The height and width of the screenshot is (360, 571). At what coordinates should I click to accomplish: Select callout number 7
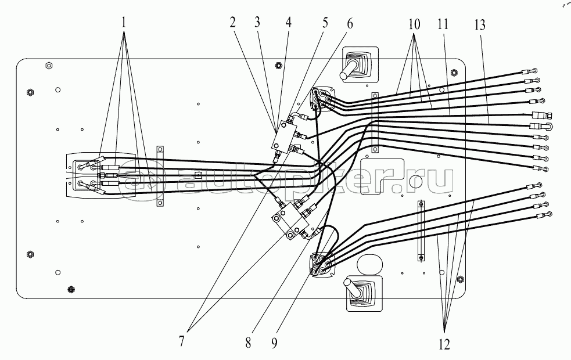coord(181,341)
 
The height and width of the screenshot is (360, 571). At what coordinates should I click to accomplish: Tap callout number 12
coord(444,344)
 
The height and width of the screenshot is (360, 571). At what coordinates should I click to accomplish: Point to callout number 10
coord(414,24)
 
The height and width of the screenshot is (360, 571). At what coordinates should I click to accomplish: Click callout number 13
coord(480,25)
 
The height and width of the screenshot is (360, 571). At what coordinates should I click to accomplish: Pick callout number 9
coord(274,343)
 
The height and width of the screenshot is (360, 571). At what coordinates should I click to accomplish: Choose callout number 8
coord(248,343)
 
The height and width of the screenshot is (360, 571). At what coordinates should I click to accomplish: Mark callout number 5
coord(325,23)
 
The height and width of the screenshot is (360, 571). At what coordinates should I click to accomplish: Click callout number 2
coord(232,23)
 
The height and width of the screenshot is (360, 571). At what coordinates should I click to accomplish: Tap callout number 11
coord(443,24)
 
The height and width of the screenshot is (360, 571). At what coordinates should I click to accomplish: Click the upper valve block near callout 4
coord(285,136)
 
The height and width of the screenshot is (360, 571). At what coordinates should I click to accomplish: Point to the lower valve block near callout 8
coord(289,221)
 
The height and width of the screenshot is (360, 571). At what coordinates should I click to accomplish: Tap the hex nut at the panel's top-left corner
coord(48,66)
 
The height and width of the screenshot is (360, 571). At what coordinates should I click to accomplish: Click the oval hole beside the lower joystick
coord(370,263)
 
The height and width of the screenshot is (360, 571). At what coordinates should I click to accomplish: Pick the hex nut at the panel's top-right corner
coord(454,72)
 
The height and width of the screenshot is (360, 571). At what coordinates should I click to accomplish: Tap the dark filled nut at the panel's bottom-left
coord(71,289)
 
